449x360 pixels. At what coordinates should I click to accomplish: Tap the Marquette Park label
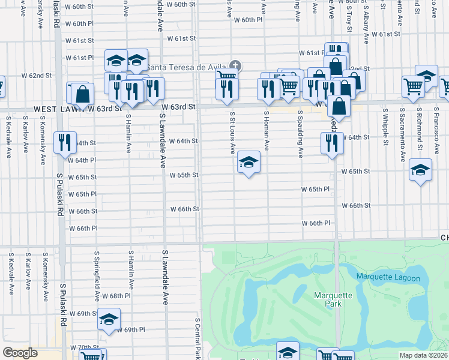coord(328,299)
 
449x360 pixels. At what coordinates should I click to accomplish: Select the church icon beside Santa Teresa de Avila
coord(235,65)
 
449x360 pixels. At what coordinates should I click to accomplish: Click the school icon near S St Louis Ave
coord(249,161)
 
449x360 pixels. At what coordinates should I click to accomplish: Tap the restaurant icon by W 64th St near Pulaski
coord(65,143)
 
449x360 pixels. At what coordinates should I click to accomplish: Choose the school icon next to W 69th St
coord(109,319)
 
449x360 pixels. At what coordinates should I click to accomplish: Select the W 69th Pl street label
coord(131,330)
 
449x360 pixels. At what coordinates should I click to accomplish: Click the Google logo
coord(20,353)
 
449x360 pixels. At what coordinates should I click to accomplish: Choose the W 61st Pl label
coord(80,58)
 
